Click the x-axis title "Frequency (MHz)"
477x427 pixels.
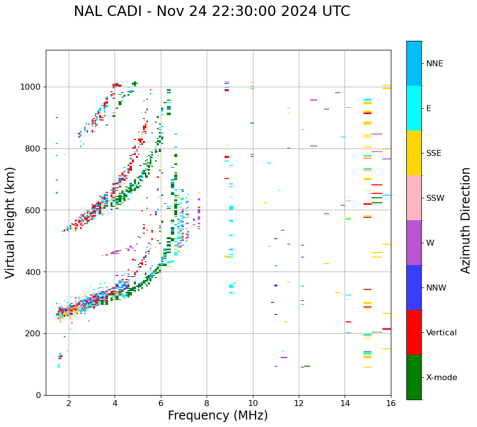click(x=218, y=416)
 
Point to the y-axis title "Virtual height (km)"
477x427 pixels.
click(x=10, y=222)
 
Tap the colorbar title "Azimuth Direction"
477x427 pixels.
click(x=466, y=220)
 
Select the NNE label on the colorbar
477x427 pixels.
click(x=434, y=64)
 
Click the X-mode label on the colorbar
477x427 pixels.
click(x=441, y=378)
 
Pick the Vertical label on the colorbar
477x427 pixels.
click(x=441, y=333)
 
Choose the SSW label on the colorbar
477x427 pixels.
click(x=435, y=198)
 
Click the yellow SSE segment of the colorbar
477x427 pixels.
click(x=414, y=153)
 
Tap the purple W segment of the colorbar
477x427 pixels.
click(x=414, y=243)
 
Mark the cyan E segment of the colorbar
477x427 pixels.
click(x=414, y=108)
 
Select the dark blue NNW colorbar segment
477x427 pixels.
click(x=414, y=287)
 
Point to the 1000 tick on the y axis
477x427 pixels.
click(x=31, y=87)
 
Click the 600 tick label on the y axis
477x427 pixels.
click(x=33, y=210)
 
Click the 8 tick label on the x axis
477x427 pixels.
click(x=207, y=403)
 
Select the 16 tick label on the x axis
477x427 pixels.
click(x=391, y=403)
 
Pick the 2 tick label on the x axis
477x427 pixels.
click(x=69, y=403)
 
